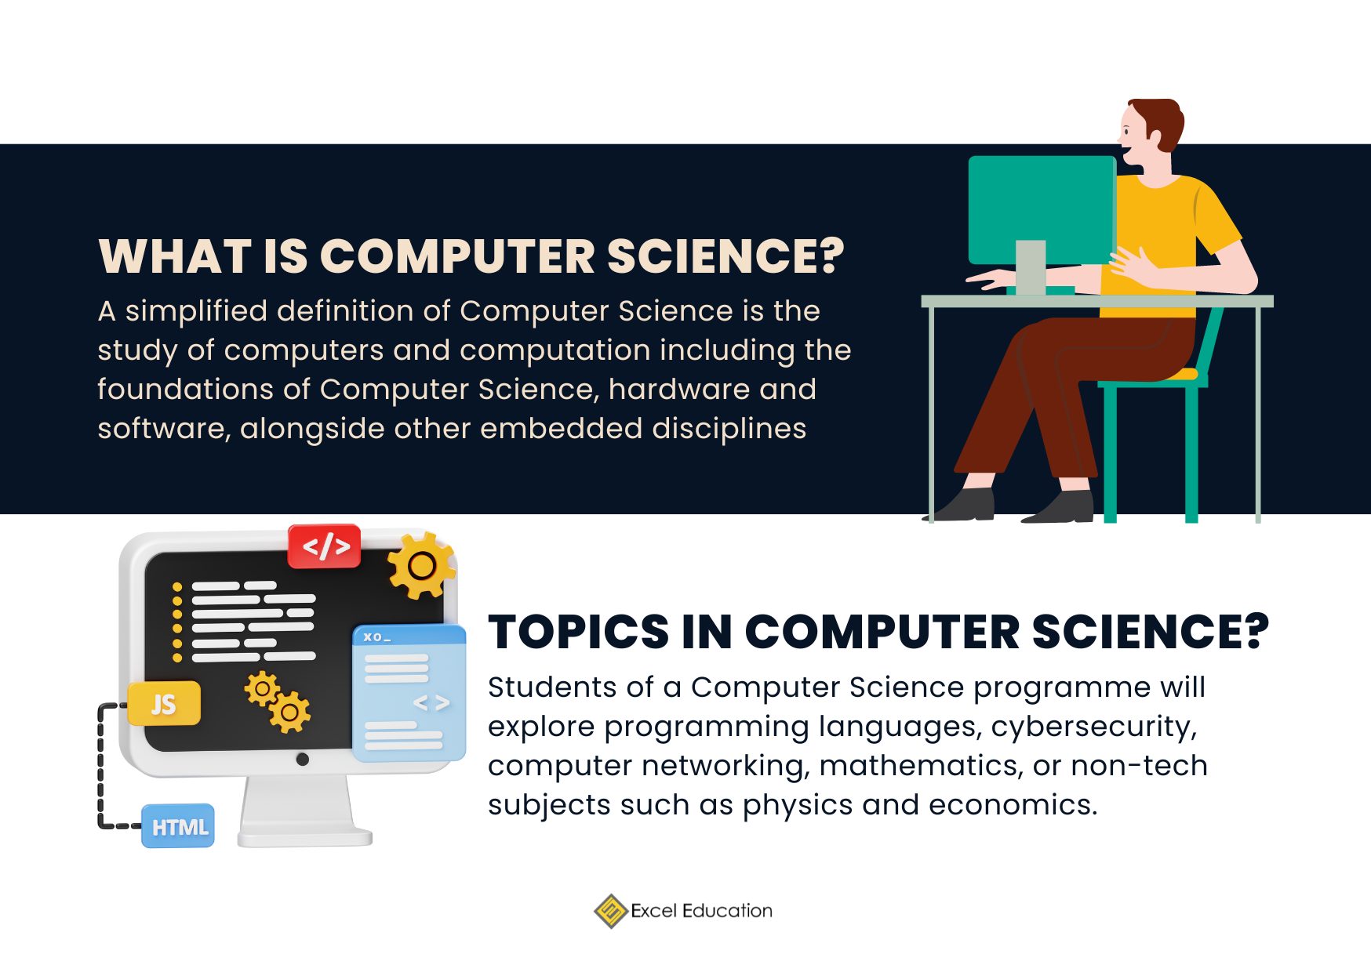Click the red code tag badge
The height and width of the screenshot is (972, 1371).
(x=325, y=546)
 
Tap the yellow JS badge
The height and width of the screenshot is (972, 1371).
(x=164, y=704)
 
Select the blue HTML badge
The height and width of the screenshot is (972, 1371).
(x=178, y=826)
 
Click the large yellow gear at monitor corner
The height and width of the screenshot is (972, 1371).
(x=420, y=565)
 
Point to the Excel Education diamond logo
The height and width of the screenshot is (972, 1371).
(x=610, y=911)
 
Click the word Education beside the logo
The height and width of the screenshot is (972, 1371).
(x=727, y=911)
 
